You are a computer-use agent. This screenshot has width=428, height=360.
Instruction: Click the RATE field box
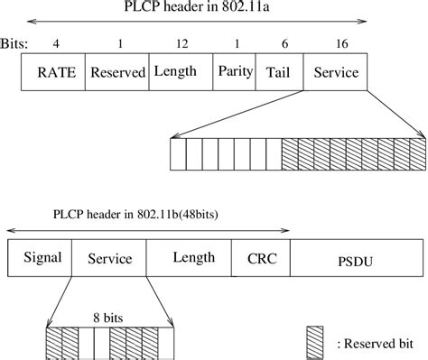(53, 73)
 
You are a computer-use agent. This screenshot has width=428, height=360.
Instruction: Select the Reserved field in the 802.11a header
(117, 73)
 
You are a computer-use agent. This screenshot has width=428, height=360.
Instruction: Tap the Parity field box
(235, 73)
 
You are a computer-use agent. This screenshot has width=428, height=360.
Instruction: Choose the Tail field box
(281, 73)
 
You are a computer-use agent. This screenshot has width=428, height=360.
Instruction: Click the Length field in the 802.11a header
(181, 73)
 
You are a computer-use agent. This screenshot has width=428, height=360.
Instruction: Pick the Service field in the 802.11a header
(336, 73)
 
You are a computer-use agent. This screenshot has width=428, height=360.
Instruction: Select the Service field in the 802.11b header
(109, 258)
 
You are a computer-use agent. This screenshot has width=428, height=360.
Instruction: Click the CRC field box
(261, 258)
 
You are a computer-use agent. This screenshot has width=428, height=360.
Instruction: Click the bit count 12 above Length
(181, 42)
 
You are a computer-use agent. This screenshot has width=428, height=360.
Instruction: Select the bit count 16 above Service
(336, 42)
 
